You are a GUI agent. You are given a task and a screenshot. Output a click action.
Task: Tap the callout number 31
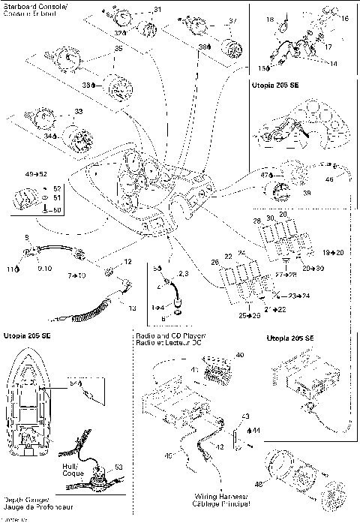point(157,9)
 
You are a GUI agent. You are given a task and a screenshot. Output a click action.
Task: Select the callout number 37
point(232,20)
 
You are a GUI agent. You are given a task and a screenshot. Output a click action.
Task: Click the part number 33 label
point(79,111)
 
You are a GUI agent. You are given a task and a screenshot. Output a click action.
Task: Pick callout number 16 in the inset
point(344,18)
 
